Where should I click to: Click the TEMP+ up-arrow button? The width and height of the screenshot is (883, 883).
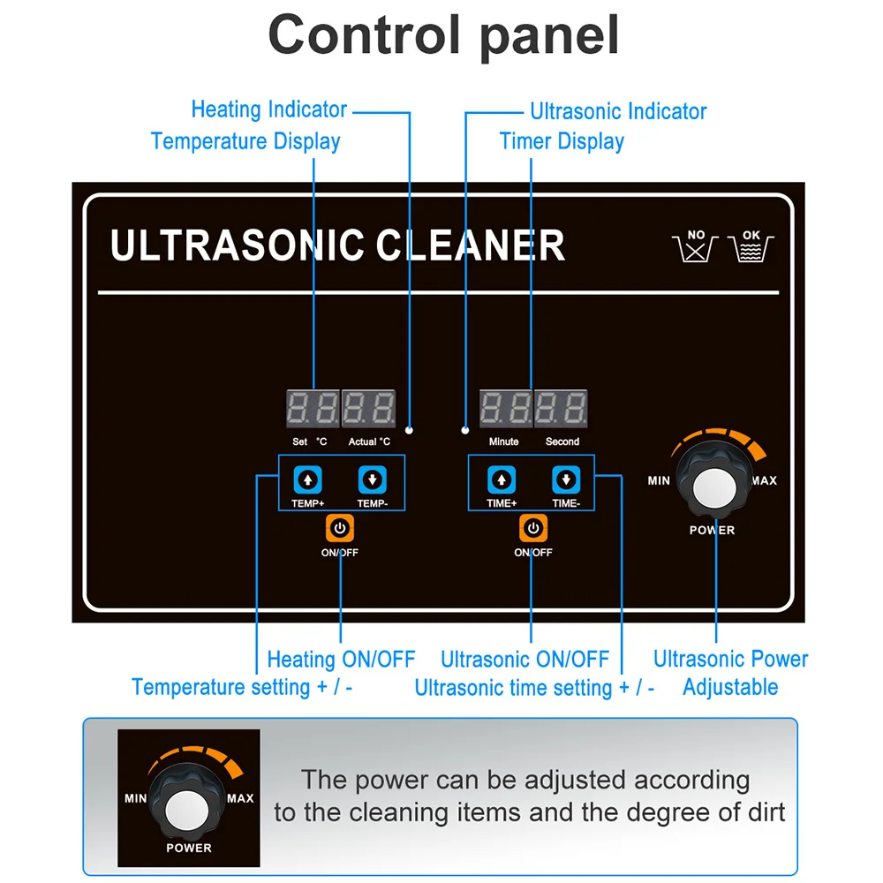(307, 480)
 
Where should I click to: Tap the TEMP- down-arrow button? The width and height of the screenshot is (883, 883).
(372, 480)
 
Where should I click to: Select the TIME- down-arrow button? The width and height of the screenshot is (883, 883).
(565, 480)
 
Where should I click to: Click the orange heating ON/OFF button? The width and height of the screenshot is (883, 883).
(340, 529)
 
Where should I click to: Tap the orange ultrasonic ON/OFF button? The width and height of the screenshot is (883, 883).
(532, 529)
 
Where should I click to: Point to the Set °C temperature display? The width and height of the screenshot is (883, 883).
(313, 410)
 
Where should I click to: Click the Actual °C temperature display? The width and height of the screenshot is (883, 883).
(369, 410)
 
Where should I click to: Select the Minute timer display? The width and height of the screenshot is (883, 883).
(505, 410)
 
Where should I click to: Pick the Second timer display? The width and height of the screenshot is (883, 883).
(562, 410)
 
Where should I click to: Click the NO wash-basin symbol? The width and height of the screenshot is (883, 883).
(696, 247)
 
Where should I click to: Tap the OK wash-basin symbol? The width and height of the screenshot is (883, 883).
(751, 247)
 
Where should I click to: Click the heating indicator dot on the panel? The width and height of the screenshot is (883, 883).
(410, 431)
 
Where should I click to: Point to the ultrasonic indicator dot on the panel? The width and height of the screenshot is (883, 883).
(465, 431)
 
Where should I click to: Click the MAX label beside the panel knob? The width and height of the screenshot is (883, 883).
(764, 480)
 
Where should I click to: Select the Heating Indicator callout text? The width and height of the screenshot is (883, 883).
(268, 109)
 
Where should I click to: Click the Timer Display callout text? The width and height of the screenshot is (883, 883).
(562, 141)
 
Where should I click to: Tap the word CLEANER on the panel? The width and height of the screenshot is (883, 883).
(471, 245)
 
